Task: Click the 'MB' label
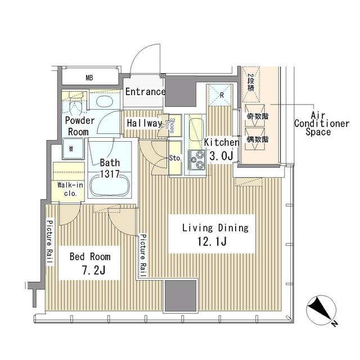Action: pos(89,78)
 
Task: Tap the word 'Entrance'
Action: pos(145,92)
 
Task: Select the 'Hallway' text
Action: pos(144,123)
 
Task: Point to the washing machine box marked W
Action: pos(72,149)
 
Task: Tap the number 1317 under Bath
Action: pos(110,174)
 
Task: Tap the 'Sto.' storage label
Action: pos(175,158)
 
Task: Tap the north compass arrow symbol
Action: pos(321,311)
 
